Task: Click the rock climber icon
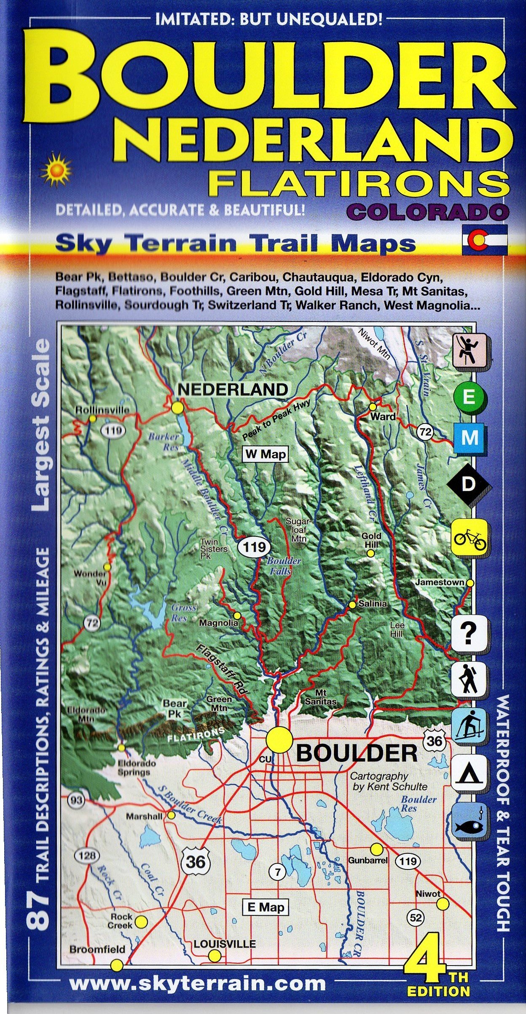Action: coord(470,350)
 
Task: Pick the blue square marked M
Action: coord(470,439)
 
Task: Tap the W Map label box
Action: coord(266,454)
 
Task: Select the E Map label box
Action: coord(266,907)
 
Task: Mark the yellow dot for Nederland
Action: coord(177,408)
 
